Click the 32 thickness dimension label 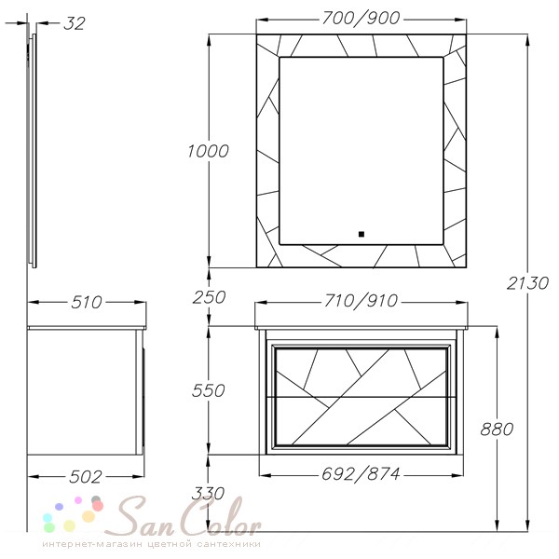point(75,23)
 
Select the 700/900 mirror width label point(361,19)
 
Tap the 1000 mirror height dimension point(208,151)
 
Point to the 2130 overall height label point(527,283)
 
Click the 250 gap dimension point(209,297)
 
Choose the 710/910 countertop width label point(361,301)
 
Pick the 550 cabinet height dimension point(208,390)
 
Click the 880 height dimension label point(497,429)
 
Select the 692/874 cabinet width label point(361,474)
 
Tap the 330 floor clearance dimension point(208,494)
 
